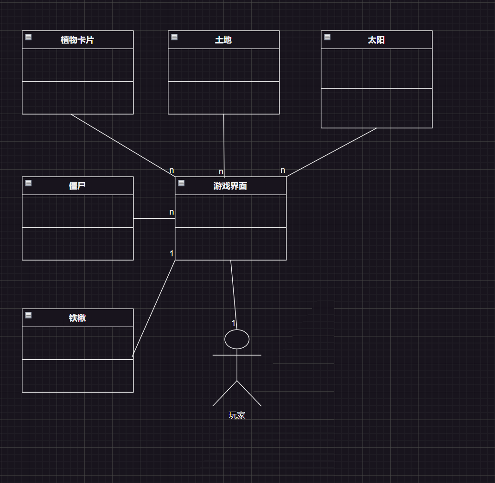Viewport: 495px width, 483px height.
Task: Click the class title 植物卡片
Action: click(77, 40)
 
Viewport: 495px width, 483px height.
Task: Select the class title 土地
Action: click(223, 40)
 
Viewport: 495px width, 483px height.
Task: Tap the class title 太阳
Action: click(376, 40)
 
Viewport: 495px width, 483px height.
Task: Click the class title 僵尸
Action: click(77, 186)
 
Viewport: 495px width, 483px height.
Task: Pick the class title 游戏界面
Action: click(230, 186)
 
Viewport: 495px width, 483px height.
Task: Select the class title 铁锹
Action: click(77, 318)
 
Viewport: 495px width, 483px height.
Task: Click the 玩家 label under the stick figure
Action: click(237, 415)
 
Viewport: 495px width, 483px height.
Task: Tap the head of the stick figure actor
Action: click(237, 339)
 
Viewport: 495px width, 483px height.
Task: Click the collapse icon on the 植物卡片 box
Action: click(28, 37)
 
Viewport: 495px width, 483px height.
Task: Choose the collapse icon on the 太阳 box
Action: click(327, 37)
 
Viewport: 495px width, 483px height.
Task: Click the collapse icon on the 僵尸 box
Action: click(28, 183)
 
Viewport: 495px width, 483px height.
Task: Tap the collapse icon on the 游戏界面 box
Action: click(181, 183)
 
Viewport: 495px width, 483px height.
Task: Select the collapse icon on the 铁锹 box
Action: click(28, 315)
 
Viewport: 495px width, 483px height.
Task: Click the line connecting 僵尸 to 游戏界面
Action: click(154, 218)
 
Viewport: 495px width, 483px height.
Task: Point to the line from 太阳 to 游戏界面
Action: click(331, 153)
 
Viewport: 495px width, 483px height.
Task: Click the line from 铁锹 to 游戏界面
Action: click(153, 309)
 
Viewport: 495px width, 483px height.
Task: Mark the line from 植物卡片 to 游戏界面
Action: click(123, 145)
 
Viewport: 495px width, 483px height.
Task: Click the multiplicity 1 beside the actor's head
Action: click(234, 323)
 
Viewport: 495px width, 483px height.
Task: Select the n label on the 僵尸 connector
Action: click(171, 212)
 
